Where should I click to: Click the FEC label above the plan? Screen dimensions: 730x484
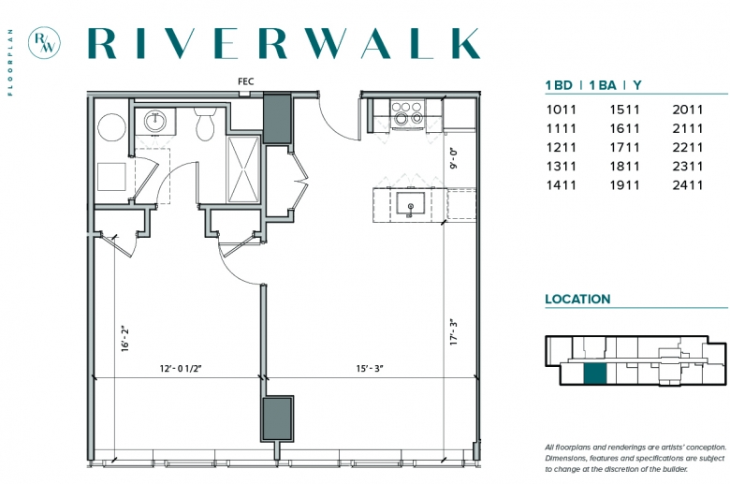click(246, 81)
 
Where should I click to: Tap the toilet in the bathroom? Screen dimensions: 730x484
click(205, 124)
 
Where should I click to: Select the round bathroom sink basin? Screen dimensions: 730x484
click(154, 122)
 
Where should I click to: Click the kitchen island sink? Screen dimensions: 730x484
click(410, 204)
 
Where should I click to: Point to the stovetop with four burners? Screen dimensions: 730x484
click(408, 113)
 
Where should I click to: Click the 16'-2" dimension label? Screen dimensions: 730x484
click(124, 339)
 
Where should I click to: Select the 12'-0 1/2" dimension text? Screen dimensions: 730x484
click(181, 369)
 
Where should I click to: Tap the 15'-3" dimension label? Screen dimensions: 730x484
click(370, 369)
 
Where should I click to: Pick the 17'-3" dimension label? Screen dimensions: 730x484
click(454, 332)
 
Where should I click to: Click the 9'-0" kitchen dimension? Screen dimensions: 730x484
click(454, 158)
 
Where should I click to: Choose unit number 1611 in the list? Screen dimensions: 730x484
click(625, 128)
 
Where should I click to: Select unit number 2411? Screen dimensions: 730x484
click(687, 185)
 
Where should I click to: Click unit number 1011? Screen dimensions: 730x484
click(561, 110)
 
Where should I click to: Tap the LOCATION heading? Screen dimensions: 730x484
click(577, 299)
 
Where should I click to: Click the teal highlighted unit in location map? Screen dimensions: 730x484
click(595, 374)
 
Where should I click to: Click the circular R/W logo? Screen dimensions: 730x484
click(44, 42)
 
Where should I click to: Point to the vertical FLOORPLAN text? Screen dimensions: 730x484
click(10, 63)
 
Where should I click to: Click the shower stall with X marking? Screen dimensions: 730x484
click(243, 169)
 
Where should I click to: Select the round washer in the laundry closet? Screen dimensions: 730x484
click(111, 127)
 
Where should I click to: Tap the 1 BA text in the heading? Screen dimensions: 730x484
click(603, 85)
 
